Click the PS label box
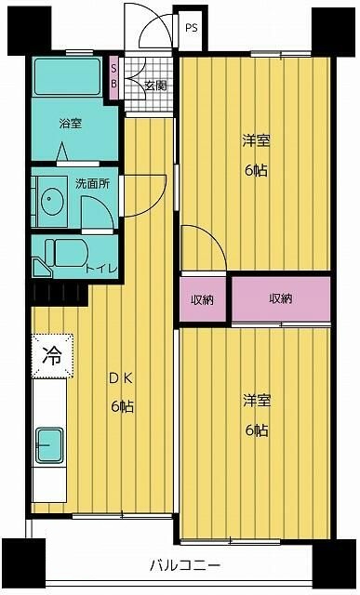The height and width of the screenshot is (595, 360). [x=192, y=28]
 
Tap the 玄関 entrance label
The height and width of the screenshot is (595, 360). [x=154, y=86]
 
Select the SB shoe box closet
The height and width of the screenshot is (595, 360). [x=114, y=74]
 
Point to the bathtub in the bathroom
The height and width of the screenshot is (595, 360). [x=70, y=78]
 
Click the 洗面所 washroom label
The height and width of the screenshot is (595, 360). [x=92, y=184]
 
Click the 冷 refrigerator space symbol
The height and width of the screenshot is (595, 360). [x=53, y=354]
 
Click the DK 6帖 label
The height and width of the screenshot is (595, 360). [x=120, y=392]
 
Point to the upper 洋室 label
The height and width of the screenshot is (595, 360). [x=256, y=152]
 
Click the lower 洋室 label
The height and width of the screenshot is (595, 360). [x=256, y=415]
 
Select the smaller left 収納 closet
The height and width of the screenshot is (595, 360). [x=204, y=299]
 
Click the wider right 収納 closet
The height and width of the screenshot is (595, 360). [x=281, y=298]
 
